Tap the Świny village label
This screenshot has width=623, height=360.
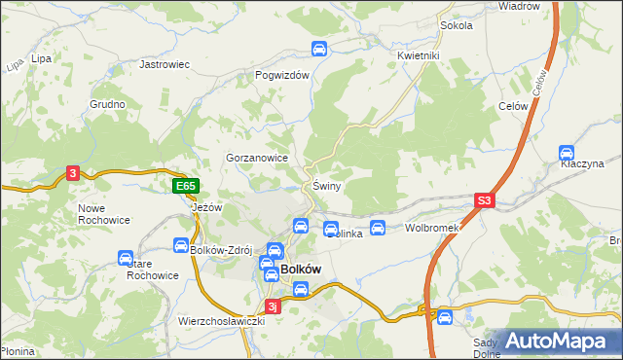pos(326,186)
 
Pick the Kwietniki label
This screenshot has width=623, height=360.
pos(420,55)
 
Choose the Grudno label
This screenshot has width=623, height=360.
pos(107,104)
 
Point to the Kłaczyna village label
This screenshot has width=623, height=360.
pos(582,167)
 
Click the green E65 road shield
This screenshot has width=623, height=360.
pos(186,186)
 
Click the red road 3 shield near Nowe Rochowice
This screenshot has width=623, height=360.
pos(72,173)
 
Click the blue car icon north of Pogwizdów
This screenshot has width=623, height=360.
pos(317,50)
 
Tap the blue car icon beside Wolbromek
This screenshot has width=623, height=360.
pos(378,228)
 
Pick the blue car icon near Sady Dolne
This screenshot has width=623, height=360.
pos(444,315)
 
